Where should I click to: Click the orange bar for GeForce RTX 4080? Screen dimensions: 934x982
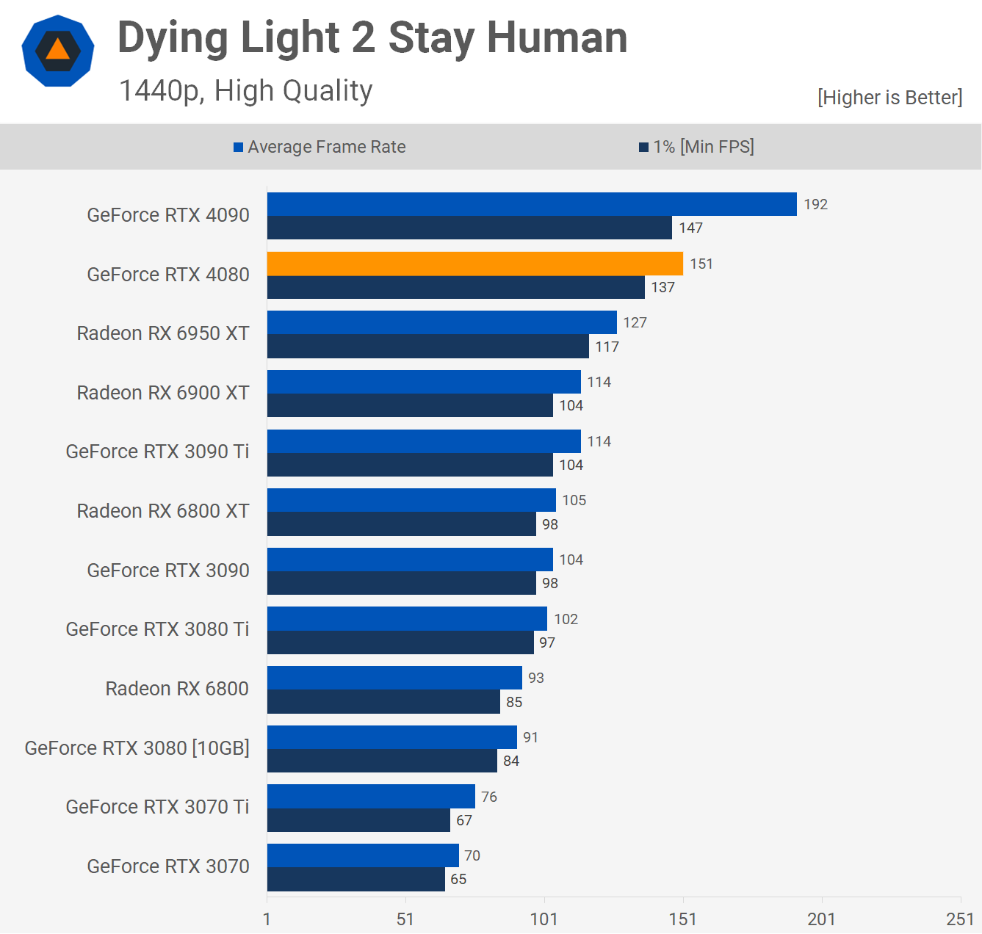click(x=474, y=264)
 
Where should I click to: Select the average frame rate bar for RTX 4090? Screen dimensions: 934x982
click(x=532, y=204)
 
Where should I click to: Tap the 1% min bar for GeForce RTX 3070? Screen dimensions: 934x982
click(x=355, y=879)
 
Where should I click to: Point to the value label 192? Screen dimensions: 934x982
click(x=815, y=204)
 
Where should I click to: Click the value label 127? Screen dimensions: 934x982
click(x=635, y=322)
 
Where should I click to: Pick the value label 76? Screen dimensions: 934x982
click(x=488, y=797)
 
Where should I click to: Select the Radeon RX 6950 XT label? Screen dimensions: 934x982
click(x=163, y=333)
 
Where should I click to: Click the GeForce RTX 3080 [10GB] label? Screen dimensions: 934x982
click(x=137, y=747)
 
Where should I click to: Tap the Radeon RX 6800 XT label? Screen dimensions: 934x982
click(x=163, y=511)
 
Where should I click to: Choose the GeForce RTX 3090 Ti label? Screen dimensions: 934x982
click(x=157, y=452)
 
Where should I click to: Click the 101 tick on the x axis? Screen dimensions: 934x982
click(x=544, y=919)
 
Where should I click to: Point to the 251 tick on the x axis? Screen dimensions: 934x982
click(x=959, y=919)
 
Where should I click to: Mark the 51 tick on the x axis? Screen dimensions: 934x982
click(x=405, y=919)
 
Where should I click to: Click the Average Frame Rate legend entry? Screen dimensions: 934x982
click(x=319, y=147)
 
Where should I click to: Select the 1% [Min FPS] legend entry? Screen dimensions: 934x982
click(x=696, y=147)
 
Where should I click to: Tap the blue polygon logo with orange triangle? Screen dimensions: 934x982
click(x=58, y=51)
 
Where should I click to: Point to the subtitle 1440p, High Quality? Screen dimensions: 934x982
click(x=246, y=91)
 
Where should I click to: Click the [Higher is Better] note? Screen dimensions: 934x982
click(x=889, y=98)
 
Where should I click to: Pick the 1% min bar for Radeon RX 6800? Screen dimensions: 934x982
click(x=383, y=701)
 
